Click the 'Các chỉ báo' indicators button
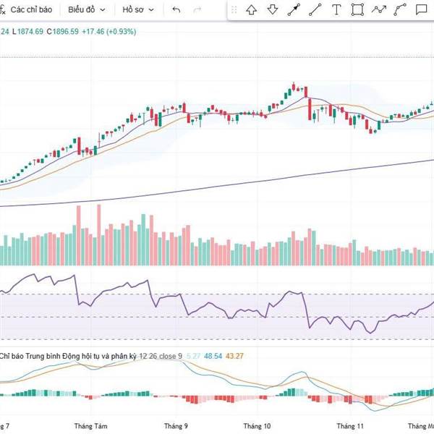point(30,10)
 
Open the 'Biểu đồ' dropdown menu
point(86,10)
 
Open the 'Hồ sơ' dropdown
point(137,10)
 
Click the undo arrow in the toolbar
point(176,10)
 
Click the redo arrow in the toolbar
point(199,10)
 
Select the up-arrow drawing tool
point(251,10)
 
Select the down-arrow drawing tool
point(273,10)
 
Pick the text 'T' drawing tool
point(336,10)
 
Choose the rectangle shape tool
point(357,10)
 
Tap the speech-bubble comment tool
point(420,10)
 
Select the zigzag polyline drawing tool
point(379,10)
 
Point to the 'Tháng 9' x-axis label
point(176,426)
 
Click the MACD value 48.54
point(213,356)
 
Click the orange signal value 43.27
point(235,356)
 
